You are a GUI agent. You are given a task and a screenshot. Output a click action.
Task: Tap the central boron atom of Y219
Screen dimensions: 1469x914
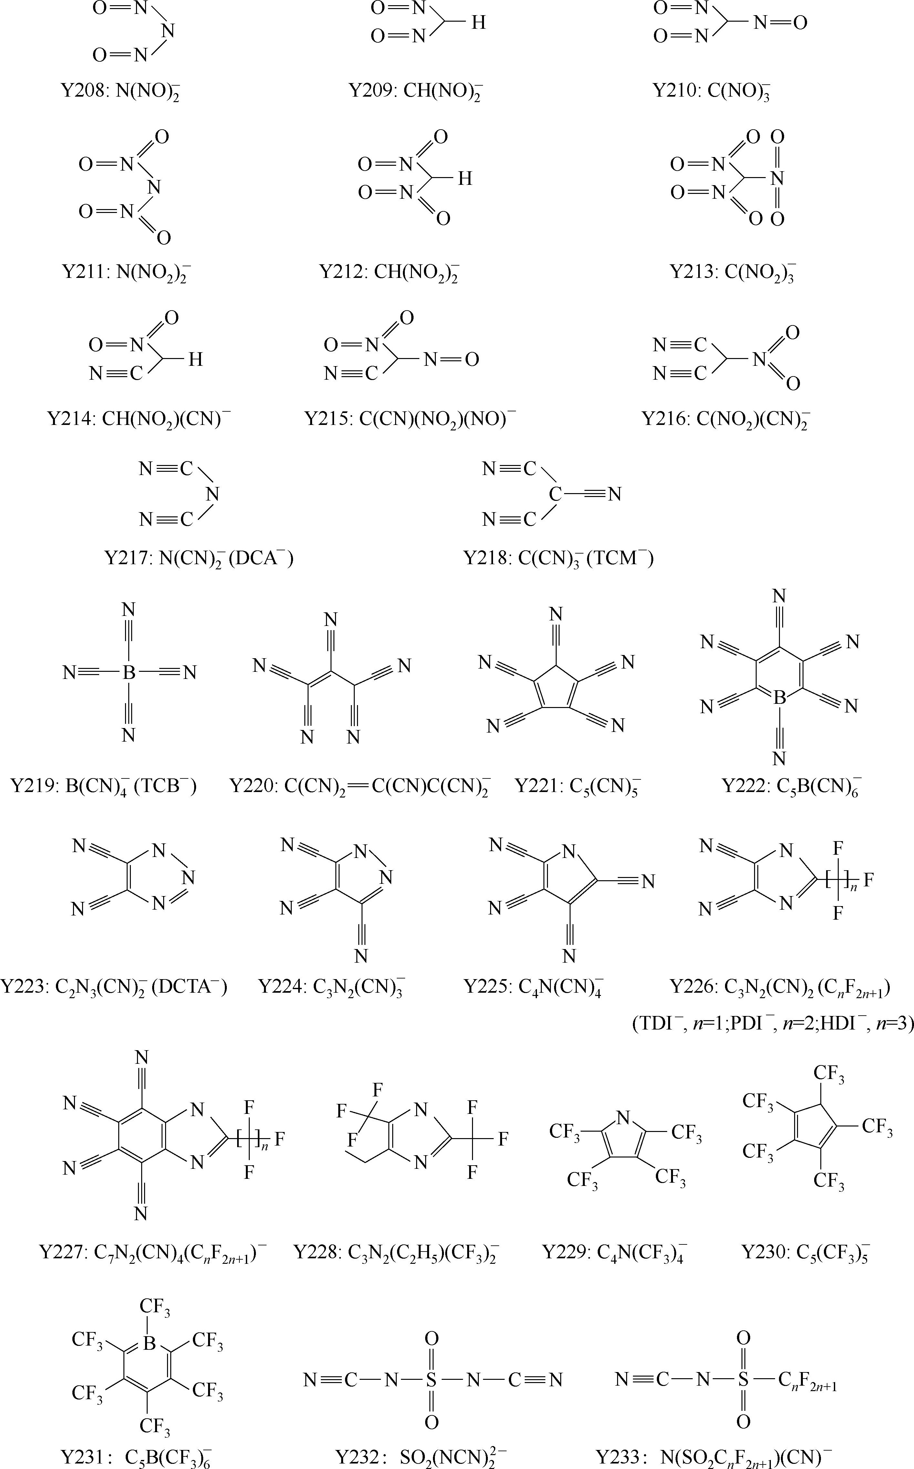(129, 672)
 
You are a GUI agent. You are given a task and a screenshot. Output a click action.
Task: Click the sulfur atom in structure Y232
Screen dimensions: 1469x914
(431, 1379)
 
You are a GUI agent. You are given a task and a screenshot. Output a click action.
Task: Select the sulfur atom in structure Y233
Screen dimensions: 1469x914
(743, 1379)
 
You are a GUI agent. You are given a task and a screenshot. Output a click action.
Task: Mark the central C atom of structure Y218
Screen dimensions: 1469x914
(555, 494)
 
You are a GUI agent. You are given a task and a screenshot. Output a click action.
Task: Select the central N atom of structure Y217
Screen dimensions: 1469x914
(212, 494)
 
